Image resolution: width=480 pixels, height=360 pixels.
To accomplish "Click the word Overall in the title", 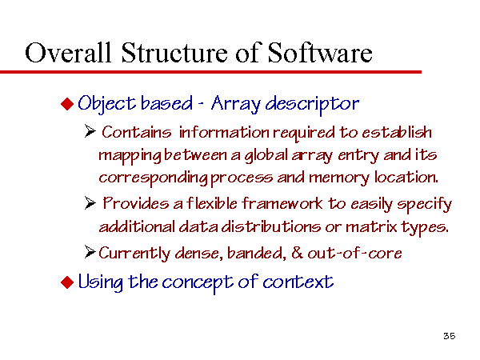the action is click(x=68, y=53).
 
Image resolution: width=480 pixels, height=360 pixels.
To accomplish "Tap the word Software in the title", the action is click(x=320, y=52).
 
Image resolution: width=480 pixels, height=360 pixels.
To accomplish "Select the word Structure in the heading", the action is click(x=174, y=53).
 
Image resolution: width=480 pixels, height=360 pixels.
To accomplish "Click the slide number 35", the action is click(x=449, y=336).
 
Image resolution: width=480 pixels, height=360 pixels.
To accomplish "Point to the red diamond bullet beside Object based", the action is click(x=67, y=103).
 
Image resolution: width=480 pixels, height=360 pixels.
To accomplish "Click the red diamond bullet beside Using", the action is click(x=67, y=282).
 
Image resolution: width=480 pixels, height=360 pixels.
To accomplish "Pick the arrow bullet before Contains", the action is click(x=90, y=131).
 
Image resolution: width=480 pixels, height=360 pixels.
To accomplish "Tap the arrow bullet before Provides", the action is click(x=90, y=203).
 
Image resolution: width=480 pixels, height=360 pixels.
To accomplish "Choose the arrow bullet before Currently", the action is click(x=90, y=252).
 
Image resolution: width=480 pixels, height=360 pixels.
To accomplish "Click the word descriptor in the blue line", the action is click(x=312, y=104).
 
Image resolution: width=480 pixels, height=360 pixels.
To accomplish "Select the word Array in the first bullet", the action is click(x=235, y=104).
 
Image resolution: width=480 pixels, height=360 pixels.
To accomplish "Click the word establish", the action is click(x=397, y=132).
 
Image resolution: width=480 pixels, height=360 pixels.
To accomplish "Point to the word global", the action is click(x=266, y=155).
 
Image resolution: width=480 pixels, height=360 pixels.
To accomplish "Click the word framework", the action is click(x=282, y=203).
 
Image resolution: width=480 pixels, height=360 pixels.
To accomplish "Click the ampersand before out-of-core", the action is click(x=297, y=253).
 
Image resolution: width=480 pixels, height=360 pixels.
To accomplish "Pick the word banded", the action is click(x=257, y=253).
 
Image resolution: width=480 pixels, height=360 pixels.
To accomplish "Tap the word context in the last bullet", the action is click(x=298, y=282).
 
